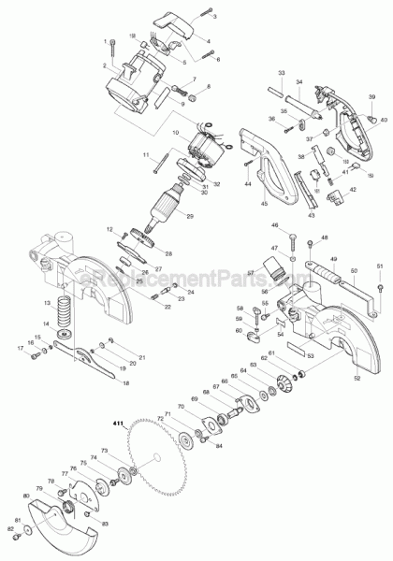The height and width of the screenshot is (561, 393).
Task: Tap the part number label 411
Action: (119, 424)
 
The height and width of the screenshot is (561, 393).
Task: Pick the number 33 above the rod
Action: (281, 72)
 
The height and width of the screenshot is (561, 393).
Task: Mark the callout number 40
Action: (383, 121)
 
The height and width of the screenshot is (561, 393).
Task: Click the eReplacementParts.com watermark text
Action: (196, 278)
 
